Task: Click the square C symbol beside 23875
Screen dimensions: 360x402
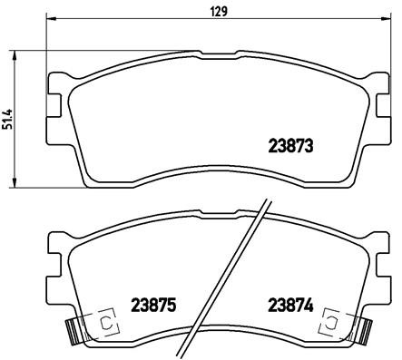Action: pos(106,322)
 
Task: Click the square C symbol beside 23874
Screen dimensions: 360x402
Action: pos(332,322)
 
